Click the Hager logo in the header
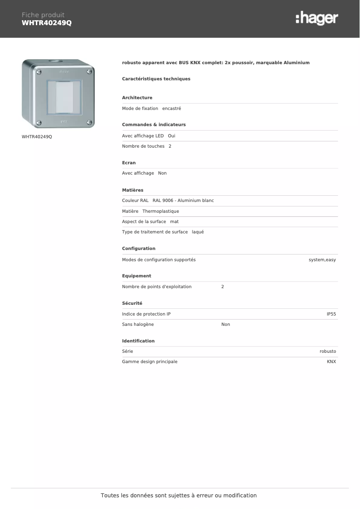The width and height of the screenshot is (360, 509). coord(316,18)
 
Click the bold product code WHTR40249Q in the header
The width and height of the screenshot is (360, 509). coord(47,23)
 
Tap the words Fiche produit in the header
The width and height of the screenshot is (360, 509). coord(43,15)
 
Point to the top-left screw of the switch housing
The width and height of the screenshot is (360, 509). coord(39,71)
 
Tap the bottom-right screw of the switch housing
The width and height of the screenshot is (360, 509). coord(89,122)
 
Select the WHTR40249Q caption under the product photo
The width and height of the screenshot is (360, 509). coord(37,136)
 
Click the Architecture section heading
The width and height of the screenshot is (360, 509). coord(137,98)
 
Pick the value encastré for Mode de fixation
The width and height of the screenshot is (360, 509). coord(171,109)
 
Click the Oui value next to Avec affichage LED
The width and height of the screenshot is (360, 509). coord(171,136)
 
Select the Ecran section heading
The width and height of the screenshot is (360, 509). coord(129,163)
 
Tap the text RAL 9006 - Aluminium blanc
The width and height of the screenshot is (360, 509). coord(183,201)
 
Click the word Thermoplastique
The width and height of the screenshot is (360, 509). coord(161,211)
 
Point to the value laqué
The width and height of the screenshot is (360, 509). coord(198,232)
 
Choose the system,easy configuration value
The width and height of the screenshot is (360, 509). coord(322,260)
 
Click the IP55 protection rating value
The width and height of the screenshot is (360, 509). coord(331,314)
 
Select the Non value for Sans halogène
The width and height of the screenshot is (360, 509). coord(225,325)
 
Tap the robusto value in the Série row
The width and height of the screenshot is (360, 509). coord(328,351)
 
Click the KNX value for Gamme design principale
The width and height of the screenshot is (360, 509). coord(331,362)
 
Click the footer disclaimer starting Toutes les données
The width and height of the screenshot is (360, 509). coord(179,496)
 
